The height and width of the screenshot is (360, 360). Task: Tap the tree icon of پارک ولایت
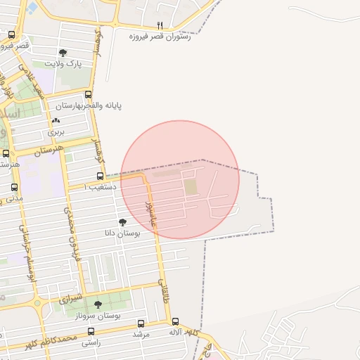click(x=63, y=53)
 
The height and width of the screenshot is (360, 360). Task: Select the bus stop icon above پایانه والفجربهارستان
click(x=88, y=94)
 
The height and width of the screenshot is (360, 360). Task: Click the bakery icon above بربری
click(x=56, y=120)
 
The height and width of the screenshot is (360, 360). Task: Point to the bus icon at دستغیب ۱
click(x=100, y=176)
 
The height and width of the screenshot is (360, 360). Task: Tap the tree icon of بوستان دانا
click(x=122, y=222)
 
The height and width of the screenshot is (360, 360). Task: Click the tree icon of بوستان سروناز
click(x=98, y=304)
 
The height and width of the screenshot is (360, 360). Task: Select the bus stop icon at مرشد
click(x=141, y=324)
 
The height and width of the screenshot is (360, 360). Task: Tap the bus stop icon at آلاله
click(x=176, y=321)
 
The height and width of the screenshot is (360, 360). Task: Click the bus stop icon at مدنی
click(x=15, y=187)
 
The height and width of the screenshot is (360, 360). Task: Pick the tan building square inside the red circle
click(x=191, y=187)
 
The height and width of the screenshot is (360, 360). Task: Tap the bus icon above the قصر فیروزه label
click(x=11, y=34)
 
